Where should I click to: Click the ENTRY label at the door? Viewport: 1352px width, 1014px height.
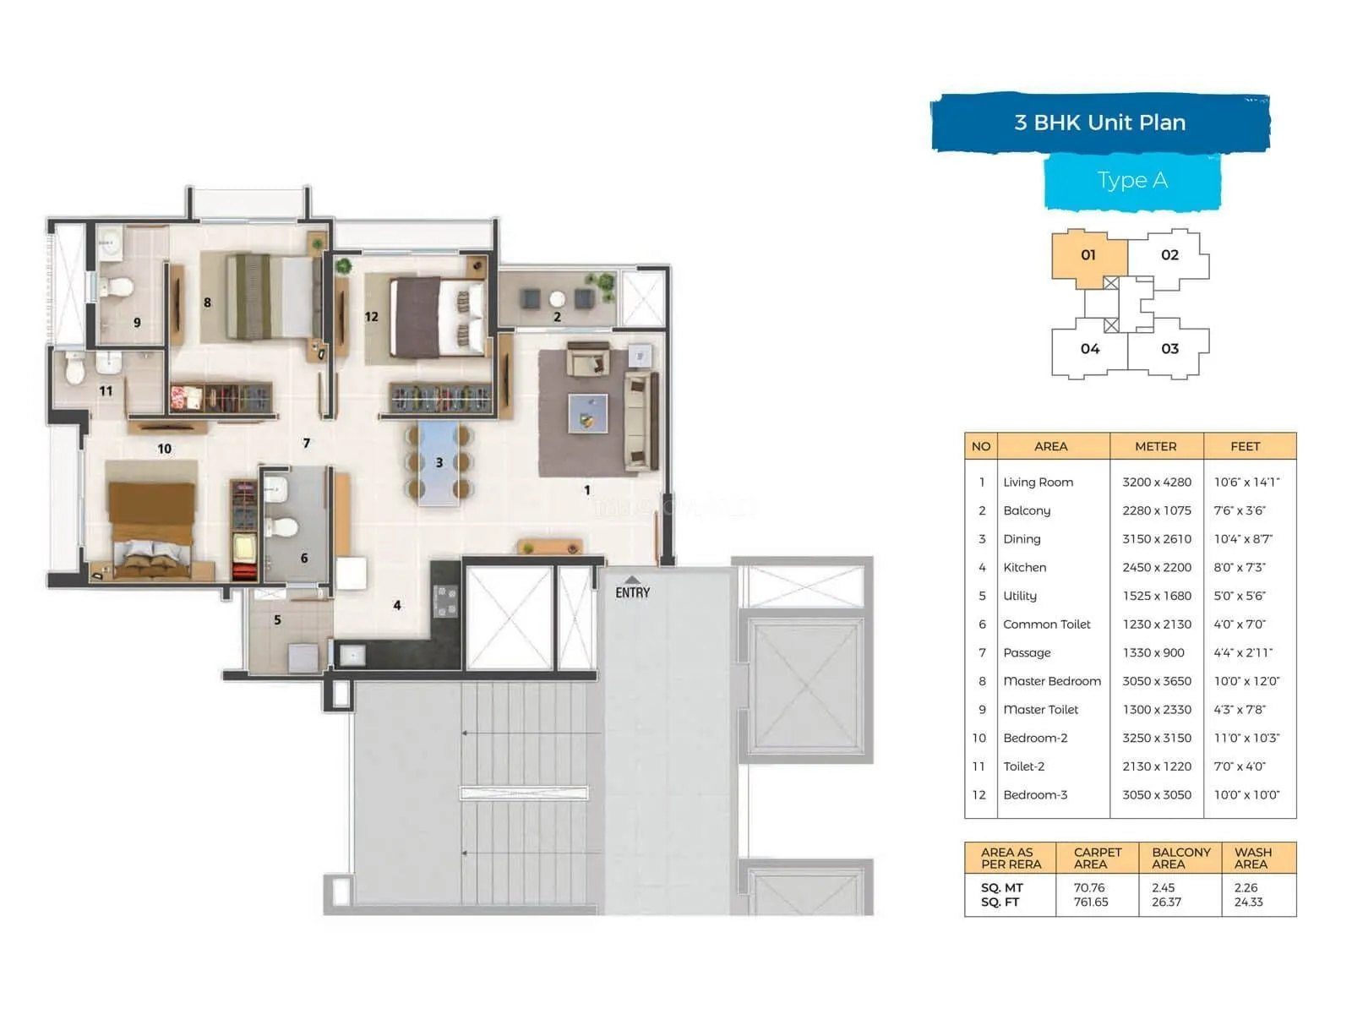click(x=632, y=592)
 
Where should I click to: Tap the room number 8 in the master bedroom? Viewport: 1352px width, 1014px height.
click(x=207, y=303)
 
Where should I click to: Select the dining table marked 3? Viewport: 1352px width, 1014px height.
click(x=439, y=463)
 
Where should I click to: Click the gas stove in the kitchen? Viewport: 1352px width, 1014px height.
click(x=445, y=601)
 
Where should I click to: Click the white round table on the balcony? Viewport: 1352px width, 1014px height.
click(x=557, y=299)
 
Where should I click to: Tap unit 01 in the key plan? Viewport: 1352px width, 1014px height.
click(x=1088, y=255)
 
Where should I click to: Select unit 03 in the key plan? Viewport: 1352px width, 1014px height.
click(x=1169, y=349)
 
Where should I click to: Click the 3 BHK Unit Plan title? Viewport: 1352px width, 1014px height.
click(x=1099, y=123)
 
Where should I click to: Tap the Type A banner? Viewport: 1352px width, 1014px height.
click(x=1132, y=180)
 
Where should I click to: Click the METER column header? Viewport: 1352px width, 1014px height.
click(x=1155, y=446)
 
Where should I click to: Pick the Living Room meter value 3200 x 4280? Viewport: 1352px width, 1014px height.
click(x=1156, y=482)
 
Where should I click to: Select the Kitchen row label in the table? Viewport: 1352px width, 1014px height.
click(x=1024, y=568)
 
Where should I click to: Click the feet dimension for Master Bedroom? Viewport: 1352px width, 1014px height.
click(x=1246, y=681)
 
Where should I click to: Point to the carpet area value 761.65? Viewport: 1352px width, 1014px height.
click(x=1091, y=902)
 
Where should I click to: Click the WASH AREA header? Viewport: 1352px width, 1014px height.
click(x=1252, y=858)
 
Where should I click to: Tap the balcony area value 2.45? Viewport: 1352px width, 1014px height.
click(x=1163, y=888)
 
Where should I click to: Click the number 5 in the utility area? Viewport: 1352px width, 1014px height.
click(x=277, y=620)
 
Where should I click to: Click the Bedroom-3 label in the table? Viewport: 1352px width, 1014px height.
click(x=1035, y=795)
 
